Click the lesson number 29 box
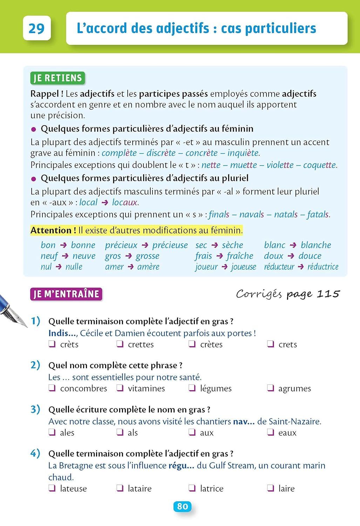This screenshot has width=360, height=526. pyautogui.click(x=37, y=28)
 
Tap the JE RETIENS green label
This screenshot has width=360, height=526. pyautogui.click(x=57, y=78)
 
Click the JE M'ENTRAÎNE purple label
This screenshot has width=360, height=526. pyautogui.click(x=66, y=294)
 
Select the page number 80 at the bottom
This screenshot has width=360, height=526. pyautogui.click(x=182, y=506)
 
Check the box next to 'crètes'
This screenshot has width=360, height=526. pyautogui.click(x=192, y=344)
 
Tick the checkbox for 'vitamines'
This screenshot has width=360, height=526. pyautogui.click(x=120, y=388)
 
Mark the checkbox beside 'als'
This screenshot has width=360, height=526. pyautogui.click(x=120, y=432)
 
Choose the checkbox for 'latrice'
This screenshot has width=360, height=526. pyautogui.click(x=192, y=488)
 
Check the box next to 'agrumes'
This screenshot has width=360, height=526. pyautogui.click(x=270, y=388)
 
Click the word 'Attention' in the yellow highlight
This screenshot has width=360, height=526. pyautogui.click(x=53, y=230)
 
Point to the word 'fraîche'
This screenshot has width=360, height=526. pyautogui.click(x=240, y=256)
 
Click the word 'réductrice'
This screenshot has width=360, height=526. pyautogui.click(x=323, y=267)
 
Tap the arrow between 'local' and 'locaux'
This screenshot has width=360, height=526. pyautogui.click(x=104, y=203)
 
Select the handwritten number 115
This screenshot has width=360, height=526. pyautogui.click(x=328, y=294)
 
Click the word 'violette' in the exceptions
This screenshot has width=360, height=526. pyautogui.click(x=280, y=165)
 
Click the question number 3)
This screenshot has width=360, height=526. pyautogui.click(x=35, y=409)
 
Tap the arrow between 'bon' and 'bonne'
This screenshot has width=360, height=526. pyautogui.click(x=63, y=245)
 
